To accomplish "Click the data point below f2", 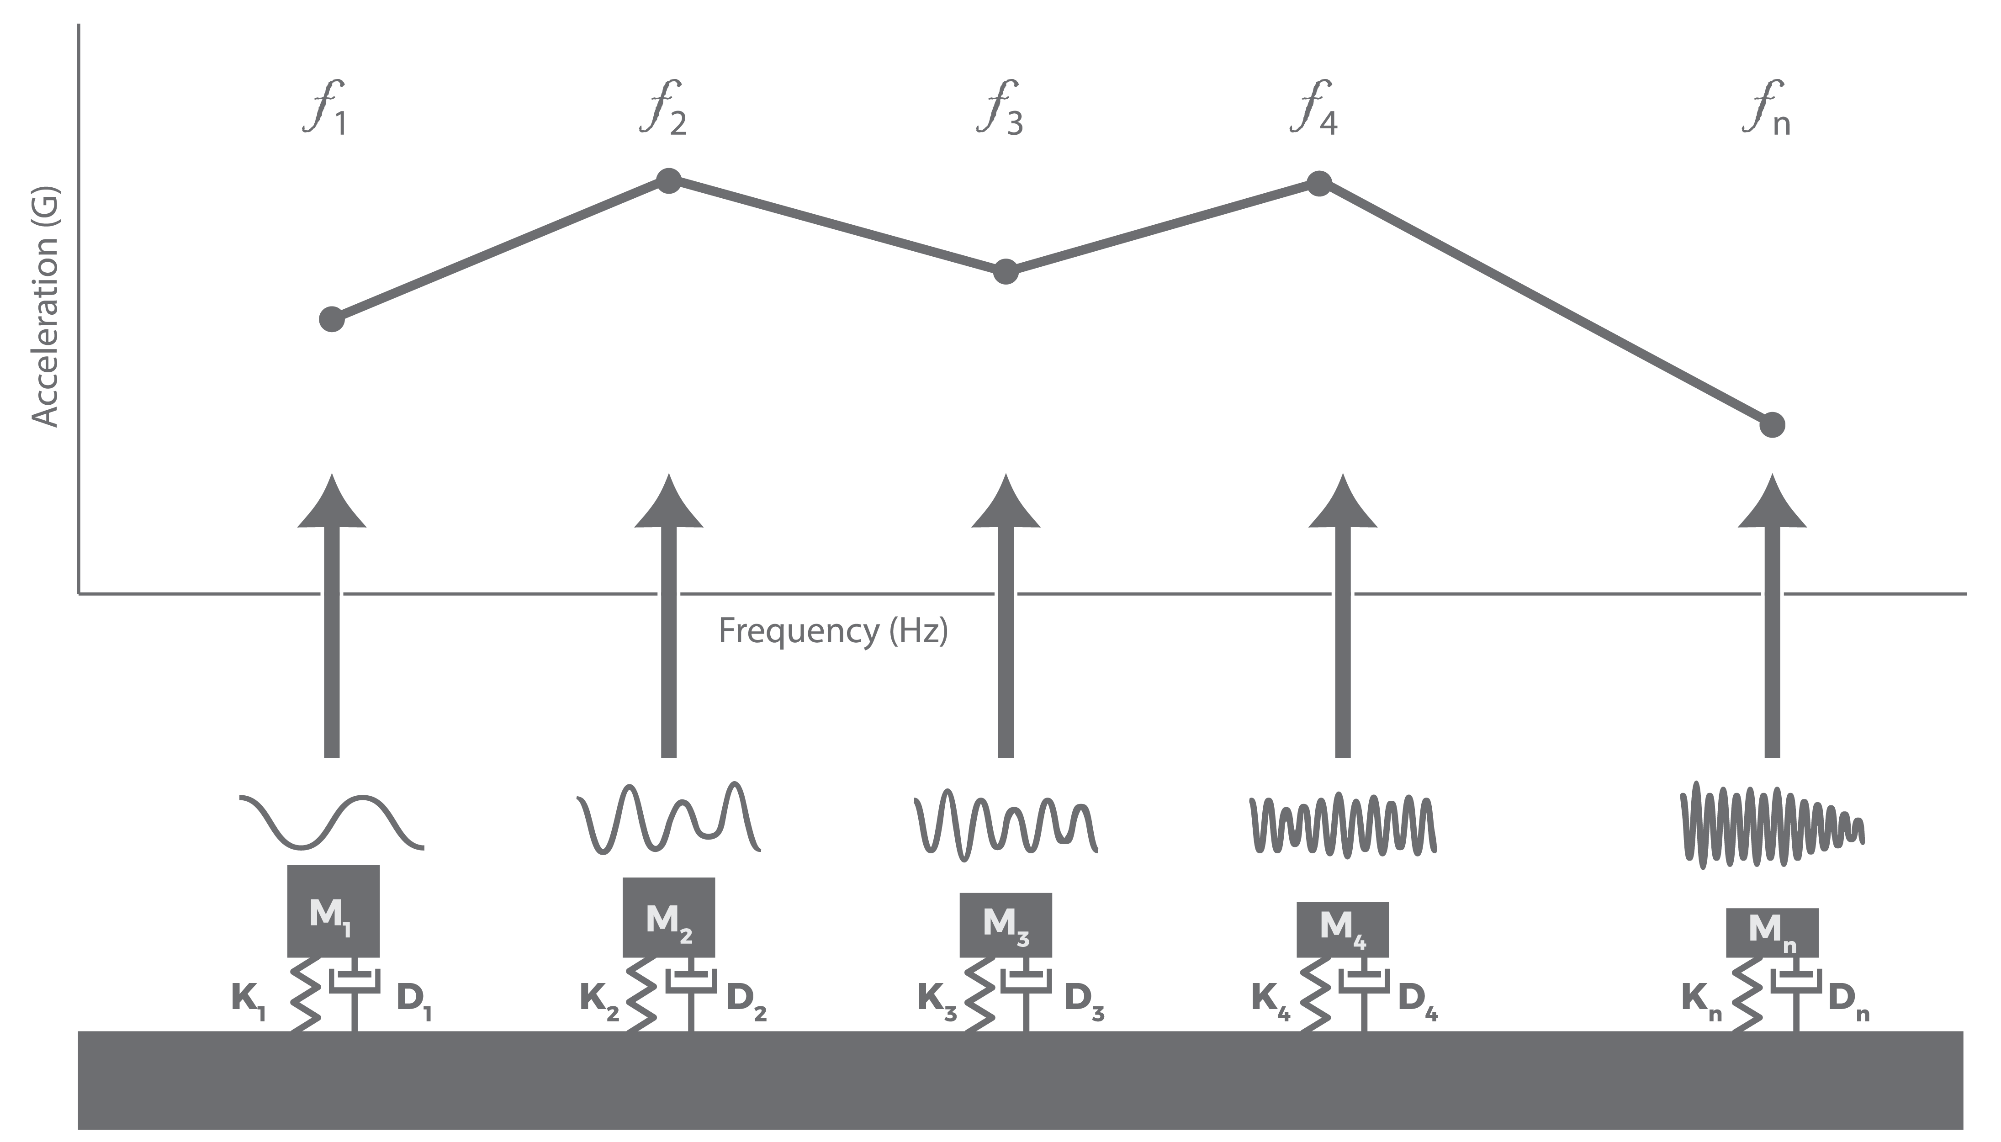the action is coord(668,180).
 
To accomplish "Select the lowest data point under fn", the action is coord(1772,425).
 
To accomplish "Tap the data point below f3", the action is coord(1006,272).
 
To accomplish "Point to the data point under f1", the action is coord(332,319).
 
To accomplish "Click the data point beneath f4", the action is coord(1319,184).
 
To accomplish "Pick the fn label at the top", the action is coord(1767,108).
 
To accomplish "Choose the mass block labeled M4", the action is coord(1342,930).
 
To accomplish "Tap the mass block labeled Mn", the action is coord(1772,933).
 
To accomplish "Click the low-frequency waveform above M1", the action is coord(332,822).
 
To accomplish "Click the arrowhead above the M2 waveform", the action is coord(668,502).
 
